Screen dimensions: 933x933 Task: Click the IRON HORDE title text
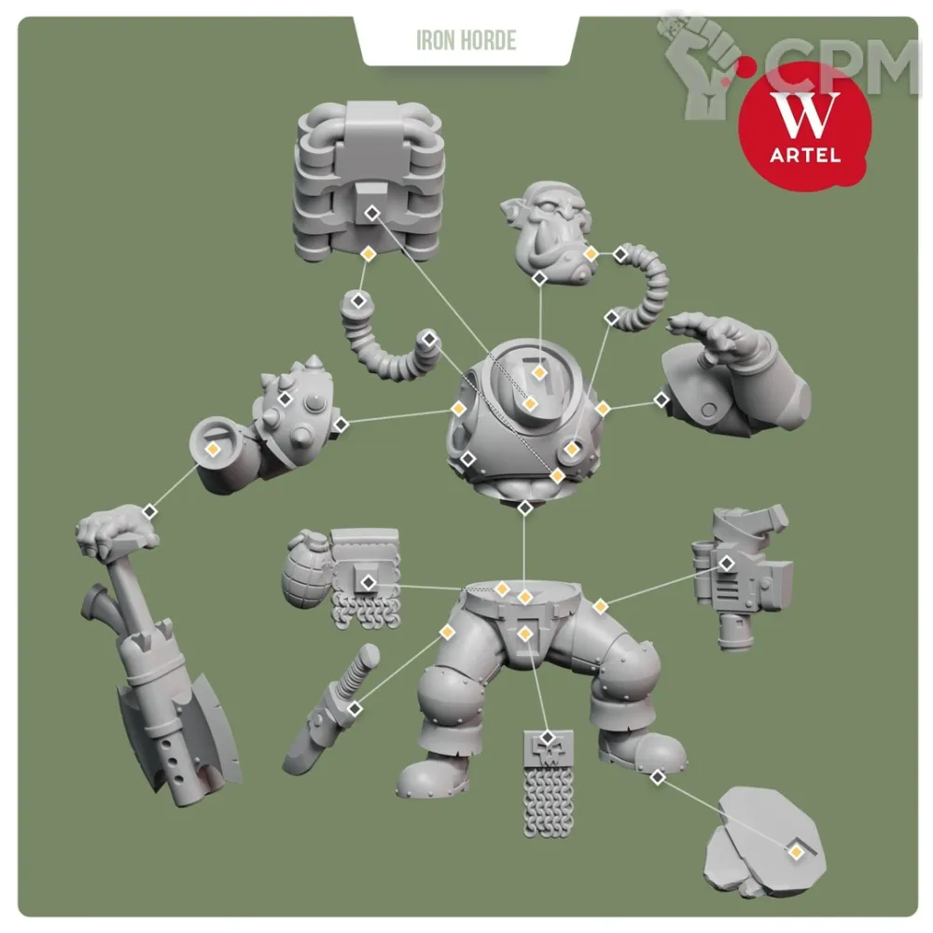click(466, 40)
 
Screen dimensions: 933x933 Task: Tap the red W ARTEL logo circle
click(804, 125)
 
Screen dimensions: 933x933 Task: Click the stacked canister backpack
click(369, 181)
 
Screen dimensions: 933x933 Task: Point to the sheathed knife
click(331, 710)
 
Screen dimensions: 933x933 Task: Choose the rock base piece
click(765, 842)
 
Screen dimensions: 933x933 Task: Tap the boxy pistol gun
click(742, 578)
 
